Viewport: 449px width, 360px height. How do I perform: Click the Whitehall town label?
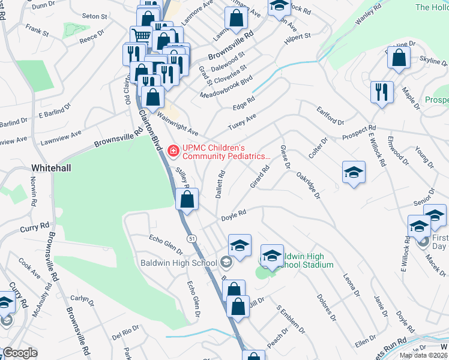52,168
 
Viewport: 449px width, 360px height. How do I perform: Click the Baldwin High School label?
178,263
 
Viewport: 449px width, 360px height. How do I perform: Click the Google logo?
19,353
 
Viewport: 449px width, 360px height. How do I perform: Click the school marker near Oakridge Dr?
354,172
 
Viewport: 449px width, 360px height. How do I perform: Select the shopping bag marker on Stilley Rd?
187,199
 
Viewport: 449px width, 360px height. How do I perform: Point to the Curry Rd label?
34,227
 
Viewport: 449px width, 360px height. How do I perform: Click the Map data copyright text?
424,355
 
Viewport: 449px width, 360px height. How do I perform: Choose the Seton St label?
94,17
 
